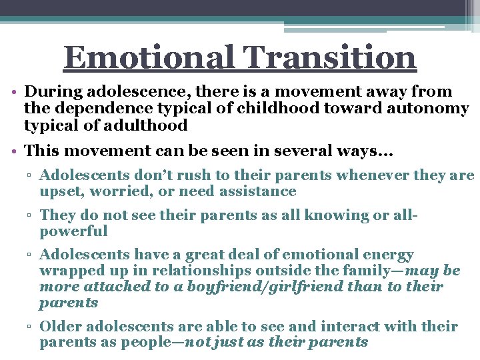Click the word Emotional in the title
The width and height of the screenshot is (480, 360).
[148, 58]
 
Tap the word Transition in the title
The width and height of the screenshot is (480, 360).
[327, 58]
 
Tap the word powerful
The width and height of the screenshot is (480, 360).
[73, 231]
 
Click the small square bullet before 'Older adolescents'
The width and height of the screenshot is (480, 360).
[32, 327]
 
